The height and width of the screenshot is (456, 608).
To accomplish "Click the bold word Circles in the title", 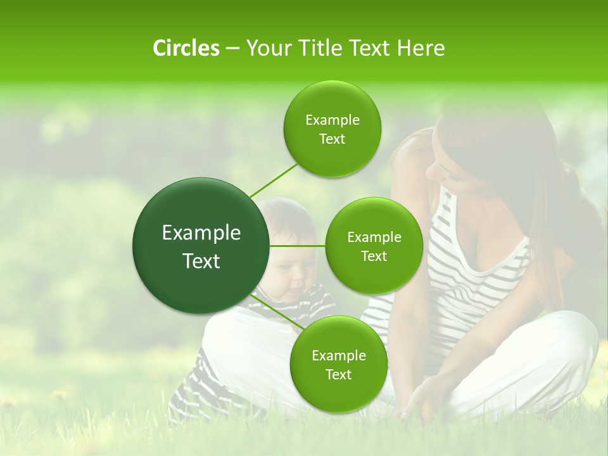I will click(x=186, y=48).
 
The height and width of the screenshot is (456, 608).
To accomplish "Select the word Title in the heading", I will click(x=316, y=48).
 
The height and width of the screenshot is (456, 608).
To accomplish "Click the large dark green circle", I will click(x=201, y=246).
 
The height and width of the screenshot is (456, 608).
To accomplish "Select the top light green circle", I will click(x=332, y=129).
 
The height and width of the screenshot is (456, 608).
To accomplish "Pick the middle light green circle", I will click(x=374, y=246).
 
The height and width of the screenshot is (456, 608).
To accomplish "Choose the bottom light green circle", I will click(x=338, y=364).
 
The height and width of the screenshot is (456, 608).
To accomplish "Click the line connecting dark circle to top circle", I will click(x=273, y=180).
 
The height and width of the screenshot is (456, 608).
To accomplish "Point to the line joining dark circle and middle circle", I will click(x=298, y=246).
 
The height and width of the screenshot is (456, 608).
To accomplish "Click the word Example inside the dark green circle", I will click(x=201, y=233).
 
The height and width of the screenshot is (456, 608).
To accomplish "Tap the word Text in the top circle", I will click(x=332, y=139).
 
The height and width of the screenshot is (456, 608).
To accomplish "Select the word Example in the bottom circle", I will click(x=338, y=355).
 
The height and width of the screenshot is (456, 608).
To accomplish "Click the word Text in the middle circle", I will click(x=374, y=256).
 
